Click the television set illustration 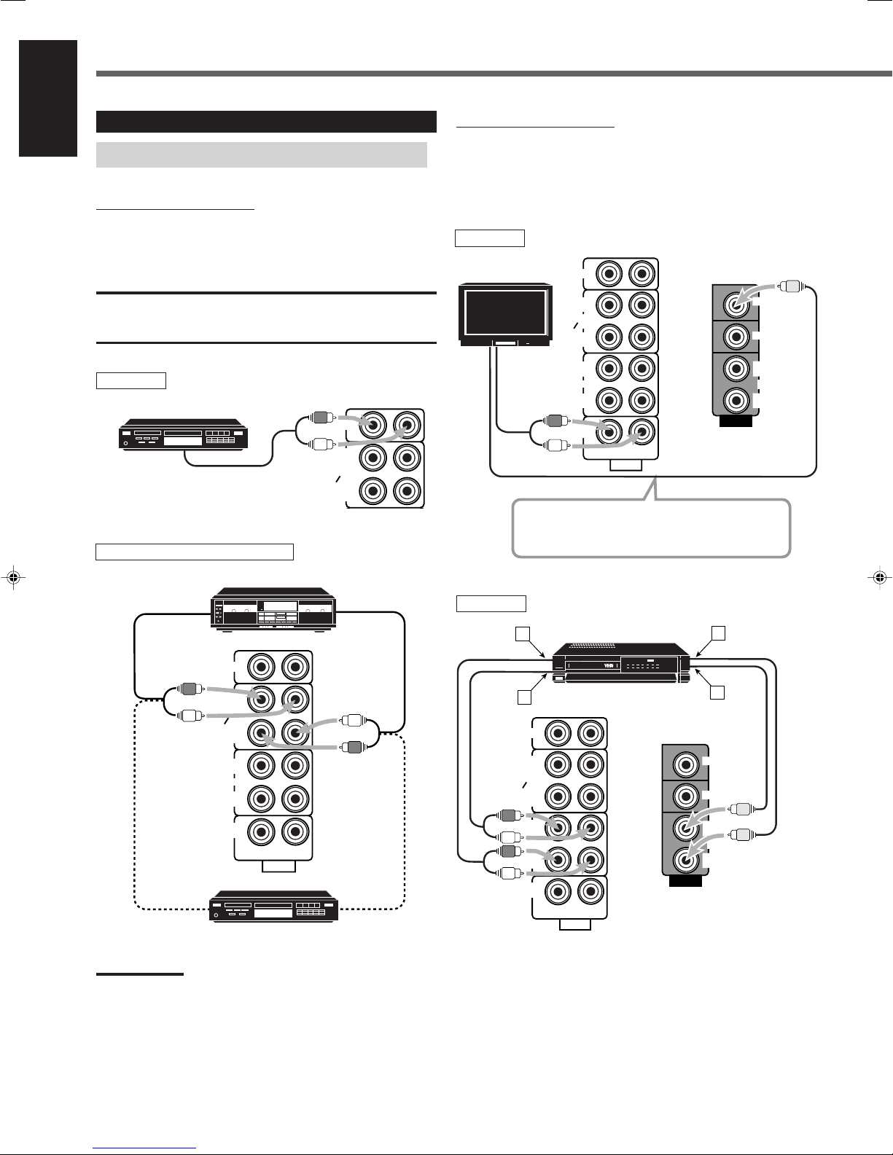505,316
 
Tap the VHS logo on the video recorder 609,665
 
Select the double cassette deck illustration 273,610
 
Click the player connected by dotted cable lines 274,906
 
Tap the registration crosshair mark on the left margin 14,576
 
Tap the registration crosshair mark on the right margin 879,576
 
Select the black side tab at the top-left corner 48,98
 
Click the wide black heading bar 266,122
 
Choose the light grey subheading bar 262,154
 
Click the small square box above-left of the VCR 523,633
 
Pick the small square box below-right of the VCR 717,692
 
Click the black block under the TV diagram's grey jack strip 736,421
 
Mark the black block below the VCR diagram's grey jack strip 685,881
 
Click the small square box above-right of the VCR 719,633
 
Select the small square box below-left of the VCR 524,697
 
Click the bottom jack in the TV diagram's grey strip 736,399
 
